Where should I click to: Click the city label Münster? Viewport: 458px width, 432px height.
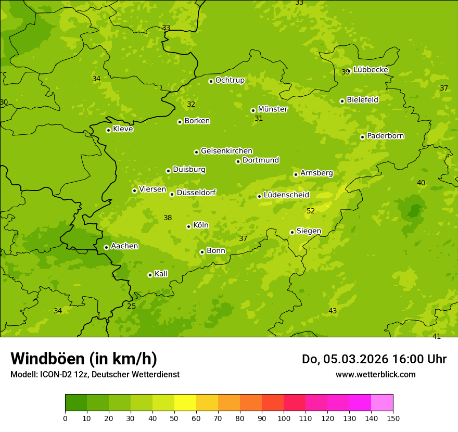click(272, 109)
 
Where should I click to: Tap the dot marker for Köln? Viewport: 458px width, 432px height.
click(188, 226)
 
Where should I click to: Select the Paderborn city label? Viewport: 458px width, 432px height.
click(385, 136)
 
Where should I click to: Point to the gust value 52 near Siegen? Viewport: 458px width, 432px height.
click(311, 211)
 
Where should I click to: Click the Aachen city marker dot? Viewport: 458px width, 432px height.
click(106, 247)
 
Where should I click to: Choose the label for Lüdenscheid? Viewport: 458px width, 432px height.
click(286, 195)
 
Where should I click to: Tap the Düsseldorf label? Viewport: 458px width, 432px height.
click(196, 193)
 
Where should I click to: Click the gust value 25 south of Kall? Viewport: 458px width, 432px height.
click(132, 306)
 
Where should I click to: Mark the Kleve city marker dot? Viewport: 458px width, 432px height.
click(108, 130)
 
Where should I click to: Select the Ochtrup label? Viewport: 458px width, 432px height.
click(230, 80)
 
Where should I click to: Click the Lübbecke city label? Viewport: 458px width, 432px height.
click(371, 70)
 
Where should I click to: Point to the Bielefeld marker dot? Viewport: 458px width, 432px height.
click(342, 101)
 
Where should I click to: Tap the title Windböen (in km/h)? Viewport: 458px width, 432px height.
click(84, 359)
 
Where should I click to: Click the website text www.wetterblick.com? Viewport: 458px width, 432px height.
click(375, 374)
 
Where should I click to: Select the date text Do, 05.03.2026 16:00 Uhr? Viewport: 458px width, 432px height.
click(374, 359)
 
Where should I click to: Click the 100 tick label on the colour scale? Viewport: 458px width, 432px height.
click(284, 418)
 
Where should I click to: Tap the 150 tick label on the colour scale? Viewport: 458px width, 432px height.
click(393, 418)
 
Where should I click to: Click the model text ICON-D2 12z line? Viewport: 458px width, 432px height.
click(95, 374)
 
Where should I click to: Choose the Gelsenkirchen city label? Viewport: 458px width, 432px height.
click(226, 151)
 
